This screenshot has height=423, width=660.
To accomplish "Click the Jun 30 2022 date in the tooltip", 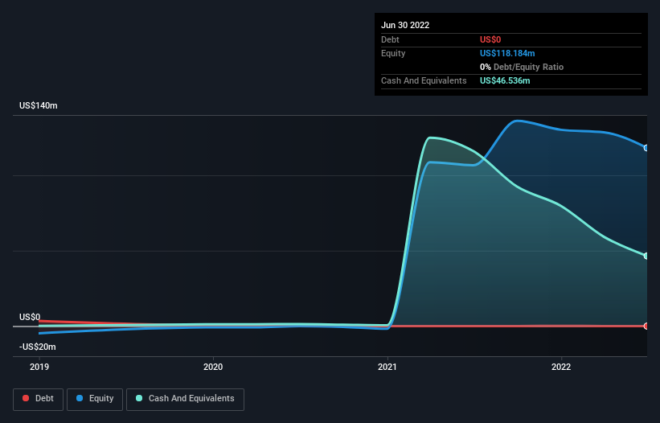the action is (x=405, y=25).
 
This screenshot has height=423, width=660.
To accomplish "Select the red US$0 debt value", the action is (x=490, y=39).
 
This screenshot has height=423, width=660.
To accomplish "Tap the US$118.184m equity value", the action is (x=507, y=53).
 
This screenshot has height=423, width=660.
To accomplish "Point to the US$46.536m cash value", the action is (x=505, y=80).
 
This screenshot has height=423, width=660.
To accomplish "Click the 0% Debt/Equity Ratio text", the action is (x=522, y=67).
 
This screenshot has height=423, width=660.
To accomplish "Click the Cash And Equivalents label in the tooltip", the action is (x=424, y=80).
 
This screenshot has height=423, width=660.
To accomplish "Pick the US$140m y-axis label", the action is (x=39, y=105).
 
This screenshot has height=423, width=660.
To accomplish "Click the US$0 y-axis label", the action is (x=30, y=317).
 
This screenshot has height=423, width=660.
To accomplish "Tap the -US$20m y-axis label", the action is (x=38, y=347).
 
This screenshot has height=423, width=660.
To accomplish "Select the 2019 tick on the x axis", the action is (x=39, y=367).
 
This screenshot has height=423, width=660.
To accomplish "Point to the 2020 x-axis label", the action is (x=213, y=367).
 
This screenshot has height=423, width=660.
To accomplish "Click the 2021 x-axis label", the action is (x=387, y=367).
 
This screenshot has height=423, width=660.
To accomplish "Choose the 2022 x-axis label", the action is (x=561, y=367).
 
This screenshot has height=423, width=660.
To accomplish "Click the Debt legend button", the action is (x=39, y=399).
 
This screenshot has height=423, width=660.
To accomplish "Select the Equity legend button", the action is (x=95, y=399).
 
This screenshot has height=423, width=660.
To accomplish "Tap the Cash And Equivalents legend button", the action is (x=185, y=399).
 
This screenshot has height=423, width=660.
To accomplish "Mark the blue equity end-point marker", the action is (x=646, y=148).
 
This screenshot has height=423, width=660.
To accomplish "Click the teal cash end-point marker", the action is (x=646, y=256).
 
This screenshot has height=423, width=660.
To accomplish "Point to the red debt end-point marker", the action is (x=646, y=326).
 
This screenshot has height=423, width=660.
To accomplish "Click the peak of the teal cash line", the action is (x=430, y=138).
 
